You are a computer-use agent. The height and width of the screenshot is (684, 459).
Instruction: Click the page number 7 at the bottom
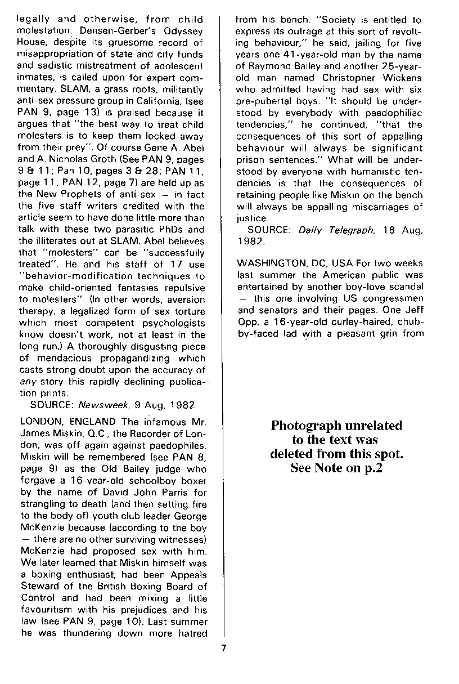223,648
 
